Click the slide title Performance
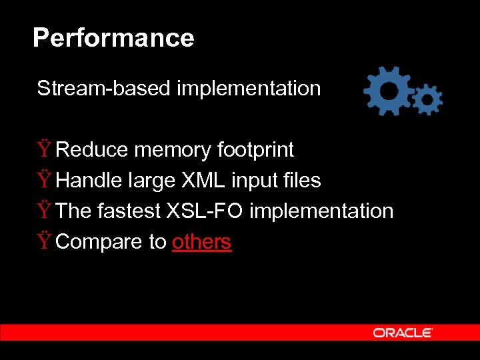click(113, 38)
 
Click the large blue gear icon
click(387, 90)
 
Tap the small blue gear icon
click(427, 100)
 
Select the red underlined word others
click(201, 242)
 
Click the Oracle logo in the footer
click(403, 333)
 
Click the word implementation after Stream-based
click(249, 89)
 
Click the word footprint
click(255, 150)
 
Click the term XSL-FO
click(205, 211)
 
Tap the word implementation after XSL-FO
click(321, 211)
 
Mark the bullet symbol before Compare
click(44, 241)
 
